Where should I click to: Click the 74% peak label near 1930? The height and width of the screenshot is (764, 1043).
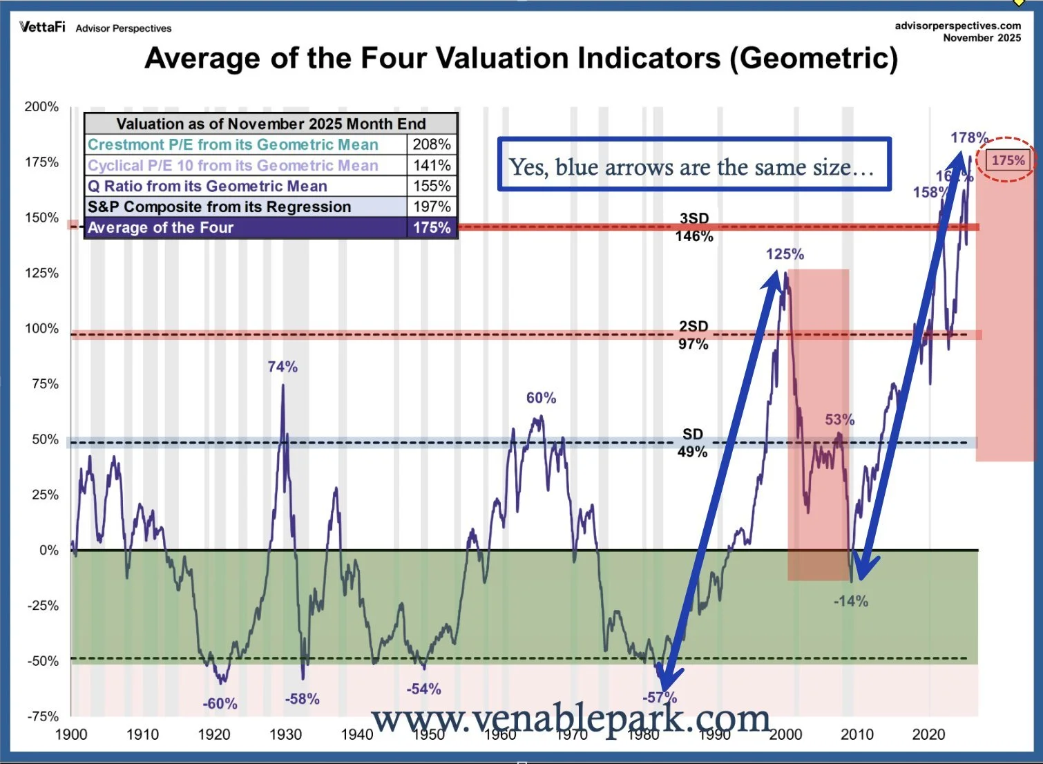click(283, 367)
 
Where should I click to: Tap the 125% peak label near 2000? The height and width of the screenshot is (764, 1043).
click(785, 254)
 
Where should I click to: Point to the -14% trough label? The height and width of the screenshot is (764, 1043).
click(850, 602)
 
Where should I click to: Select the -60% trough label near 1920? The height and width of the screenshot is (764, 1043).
click(220, 704)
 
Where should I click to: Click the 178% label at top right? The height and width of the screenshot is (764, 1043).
click(969, 137)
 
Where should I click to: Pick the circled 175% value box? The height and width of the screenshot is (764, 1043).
click(1008, 160)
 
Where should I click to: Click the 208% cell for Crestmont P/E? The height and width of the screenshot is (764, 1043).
click(432, 144)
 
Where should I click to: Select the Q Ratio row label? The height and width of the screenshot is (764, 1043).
click(207, 187)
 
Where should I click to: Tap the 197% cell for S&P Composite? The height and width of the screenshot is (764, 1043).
click(432, 207)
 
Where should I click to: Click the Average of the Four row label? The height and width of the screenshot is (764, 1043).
click(161, 228)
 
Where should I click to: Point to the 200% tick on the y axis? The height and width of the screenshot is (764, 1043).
click(42, 107)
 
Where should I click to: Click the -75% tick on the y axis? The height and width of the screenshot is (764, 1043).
click(43, 716)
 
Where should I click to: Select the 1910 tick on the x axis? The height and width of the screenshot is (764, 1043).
click(142, 735)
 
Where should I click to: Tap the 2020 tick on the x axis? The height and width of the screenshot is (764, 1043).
click(928, 735)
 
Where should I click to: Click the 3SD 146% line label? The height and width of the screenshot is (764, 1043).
click(694, 227)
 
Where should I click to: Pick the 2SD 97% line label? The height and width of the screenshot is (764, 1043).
click(693, 335)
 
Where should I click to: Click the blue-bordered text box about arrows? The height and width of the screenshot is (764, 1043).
click(693, 164)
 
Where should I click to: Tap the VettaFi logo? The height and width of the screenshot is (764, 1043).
click(42, 27)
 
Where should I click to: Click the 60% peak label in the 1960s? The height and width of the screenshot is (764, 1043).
click(541, 398)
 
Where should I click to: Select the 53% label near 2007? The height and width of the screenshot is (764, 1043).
click(839, 420)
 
